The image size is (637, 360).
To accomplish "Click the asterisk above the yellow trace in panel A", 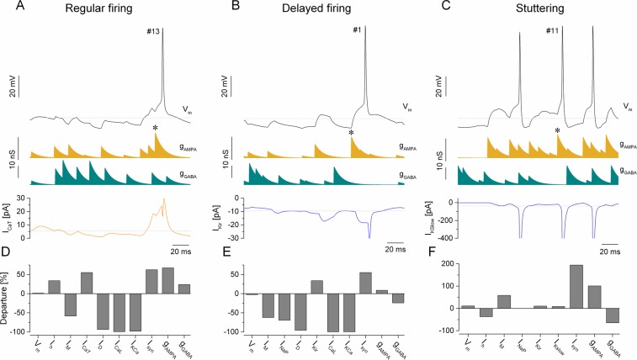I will [156, 128].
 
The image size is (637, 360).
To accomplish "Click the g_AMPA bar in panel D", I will [167, 281].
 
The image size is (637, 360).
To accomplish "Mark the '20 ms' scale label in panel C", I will [611, 251].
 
